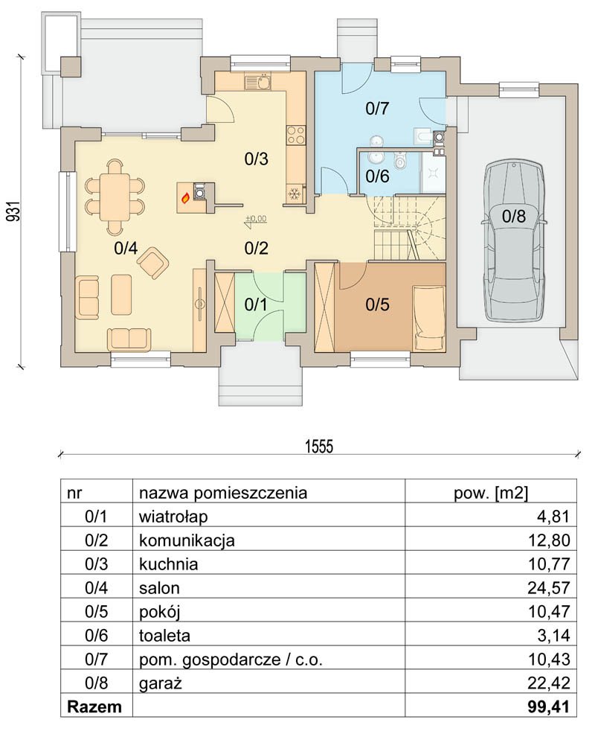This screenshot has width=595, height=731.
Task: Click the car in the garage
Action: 514,240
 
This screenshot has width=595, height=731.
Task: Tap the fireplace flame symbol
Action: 185,198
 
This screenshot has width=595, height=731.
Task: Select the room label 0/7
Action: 377,109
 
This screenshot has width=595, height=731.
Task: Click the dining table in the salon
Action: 115,196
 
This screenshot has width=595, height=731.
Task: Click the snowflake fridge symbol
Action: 295,194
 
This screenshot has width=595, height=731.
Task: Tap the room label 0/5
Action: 377,305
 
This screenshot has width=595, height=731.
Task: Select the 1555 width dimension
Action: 319,447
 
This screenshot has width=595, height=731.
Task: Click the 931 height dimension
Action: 15,211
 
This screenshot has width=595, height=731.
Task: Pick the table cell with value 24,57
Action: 548,588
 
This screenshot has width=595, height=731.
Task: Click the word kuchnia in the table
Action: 168,564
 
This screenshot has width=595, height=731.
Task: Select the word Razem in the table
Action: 94,706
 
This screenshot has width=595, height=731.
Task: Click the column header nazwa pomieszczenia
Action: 223,494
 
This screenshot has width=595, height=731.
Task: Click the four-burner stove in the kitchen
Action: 295,135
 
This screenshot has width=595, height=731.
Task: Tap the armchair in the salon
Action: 152,264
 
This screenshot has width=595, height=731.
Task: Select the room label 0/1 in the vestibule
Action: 256,305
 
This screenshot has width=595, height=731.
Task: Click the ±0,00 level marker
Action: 256,218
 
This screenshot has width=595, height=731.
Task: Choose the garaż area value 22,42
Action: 548,683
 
